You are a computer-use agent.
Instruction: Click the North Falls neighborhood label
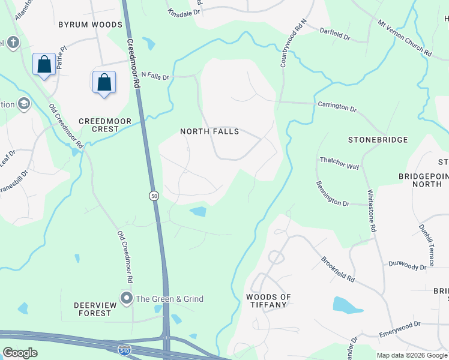pos(209,131)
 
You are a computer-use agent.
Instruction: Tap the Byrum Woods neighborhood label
pos(90,25)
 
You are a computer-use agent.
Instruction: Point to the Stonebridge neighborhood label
pos(378,140)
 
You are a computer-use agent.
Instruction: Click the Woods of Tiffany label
pos(268,301)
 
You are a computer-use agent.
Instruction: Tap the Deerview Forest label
pos(92,309)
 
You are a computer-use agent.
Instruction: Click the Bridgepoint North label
pos(424,180)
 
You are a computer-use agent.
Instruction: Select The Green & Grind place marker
pos(126,298)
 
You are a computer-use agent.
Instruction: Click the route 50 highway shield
pos(154,196)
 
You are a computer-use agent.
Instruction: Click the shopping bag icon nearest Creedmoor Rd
pos(104,82)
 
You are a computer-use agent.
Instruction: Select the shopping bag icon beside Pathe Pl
pos(44,64)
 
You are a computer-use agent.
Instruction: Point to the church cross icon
pos(14,43)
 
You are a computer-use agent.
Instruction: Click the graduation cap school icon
pos(24,104)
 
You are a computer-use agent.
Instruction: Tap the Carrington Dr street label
pos(338,107)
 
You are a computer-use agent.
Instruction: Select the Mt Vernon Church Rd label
pos(405,38)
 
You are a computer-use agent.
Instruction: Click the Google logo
pos(20,352)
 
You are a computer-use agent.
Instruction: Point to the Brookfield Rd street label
pos(338,271)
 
